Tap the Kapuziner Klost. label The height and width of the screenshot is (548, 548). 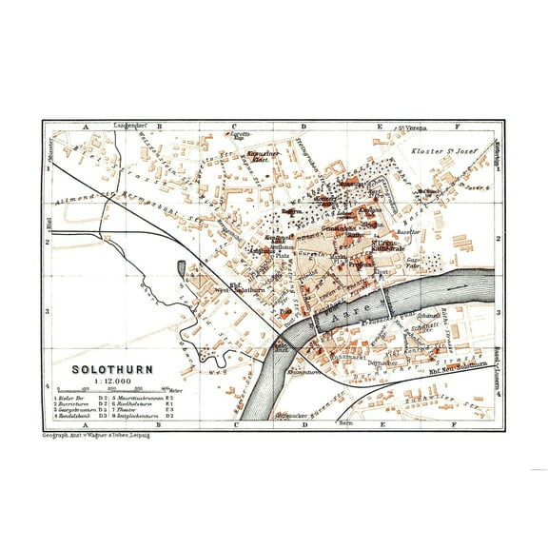(x=261, y=155)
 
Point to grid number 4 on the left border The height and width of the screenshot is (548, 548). (x=47, y=385)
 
